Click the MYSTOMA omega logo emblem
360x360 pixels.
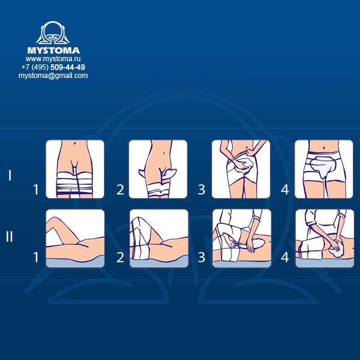pyautogui.click(x=53, y=32)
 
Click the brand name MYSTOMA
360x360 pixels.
pyautogui.click(x=53, y=50)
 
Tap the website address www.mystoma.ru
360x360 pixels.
pyautogui.click(x=53, y=59)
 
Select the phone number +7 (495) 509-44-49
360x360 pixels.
pyautogui.click(x=53, y=67)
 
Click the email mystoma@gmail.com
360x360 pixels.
pyautogui.click(x=53, y=76)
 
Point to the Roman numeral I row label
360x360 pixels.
pyautogui.click(x=10, y=175)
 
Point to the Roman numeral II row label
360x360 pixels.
pyautogui.click(x=10, y=236)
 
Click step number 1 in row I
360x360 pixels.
pyautogui.click(x=36, y=190)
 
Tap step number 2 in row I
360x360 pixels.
pyautogui.click(x=121, y=190)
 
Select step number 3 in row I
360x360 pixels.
pyautogui.click(x=202, y=190)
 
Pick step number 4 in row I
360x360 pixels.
pyautogui.click(x=285, y=190)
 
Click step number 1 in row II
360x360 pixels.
pyautogui.click(x=36, y=257)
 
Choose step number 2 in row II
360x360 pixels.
pyautogui.click(x=121, y=257)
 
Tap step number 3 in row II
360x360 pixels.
pyautogui.click(x=202, y=257)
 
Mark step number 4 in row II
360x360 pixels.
pyautogui.click(x=285, y=257)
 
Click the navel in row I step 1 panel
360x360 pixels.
pyautogui.click(x=76, y=144)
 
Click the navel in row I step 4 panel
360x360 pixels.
pyautogui.click(x=324, y=146)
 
